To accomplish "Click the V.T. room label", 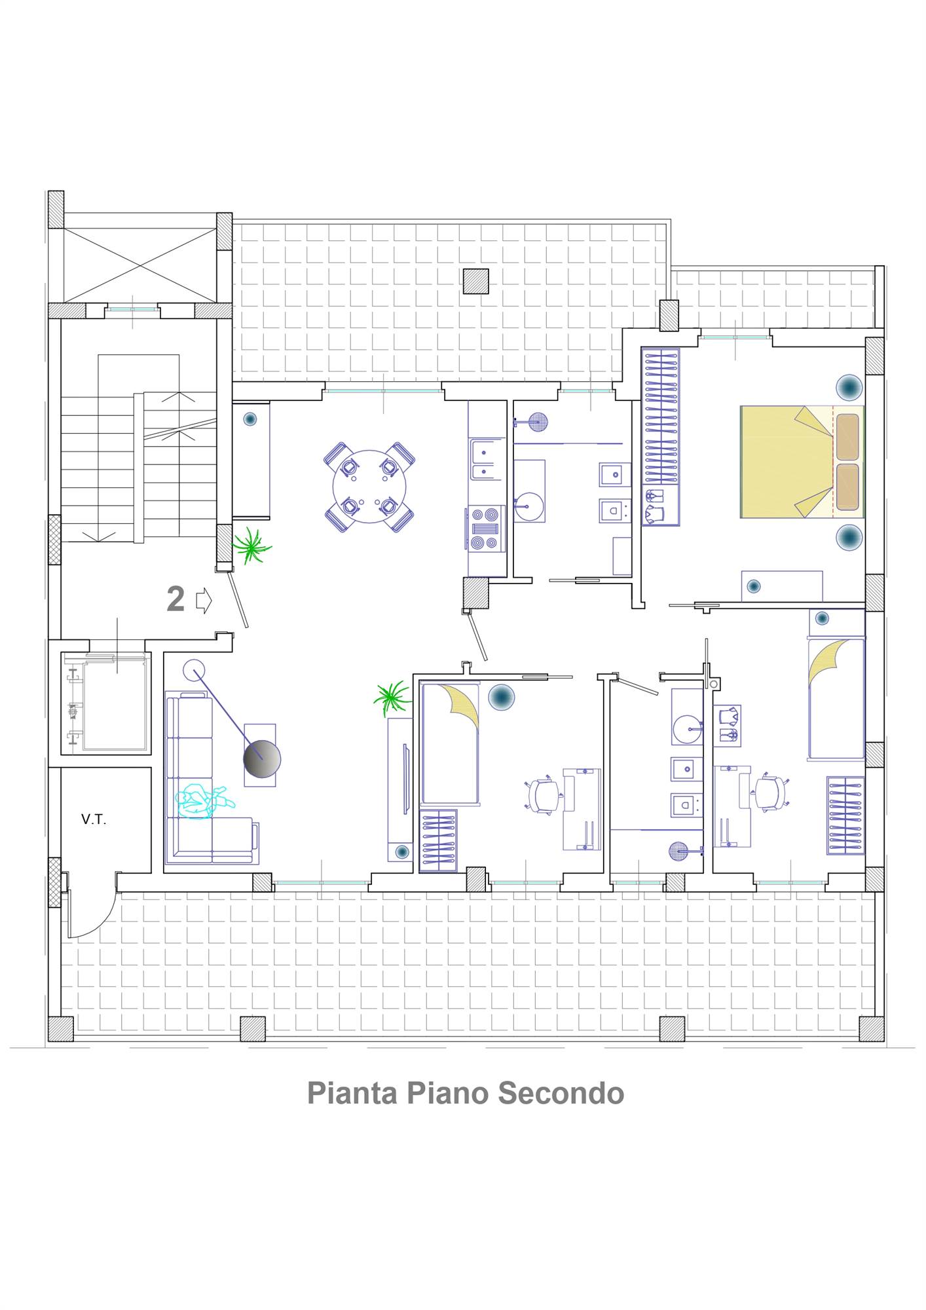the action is [93, 819].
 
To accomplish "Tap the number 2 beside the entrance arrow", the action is [176, 599].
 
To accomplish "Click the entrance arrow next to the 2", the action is [204, 600].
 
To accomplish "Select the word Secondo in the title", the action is [561, 1093].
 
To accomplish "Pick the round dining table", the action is [369, 486].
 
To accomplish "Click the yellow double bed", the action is [802, 462].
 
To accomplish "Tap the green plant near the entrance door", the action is [251, 546].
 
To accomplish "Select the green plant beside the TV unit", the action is [392, 698].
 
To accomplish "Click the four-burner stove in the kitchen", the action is [485, 529].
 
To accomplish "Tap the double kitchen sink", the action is [485, 459].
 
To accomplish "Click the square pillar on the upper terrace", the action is [475, 281].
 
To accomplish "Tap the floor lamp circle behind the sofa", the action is [194, 669].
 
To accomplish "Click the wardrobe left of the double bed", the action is [660, 436].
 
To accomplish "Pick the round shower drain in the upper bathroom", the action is [538, 421].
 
